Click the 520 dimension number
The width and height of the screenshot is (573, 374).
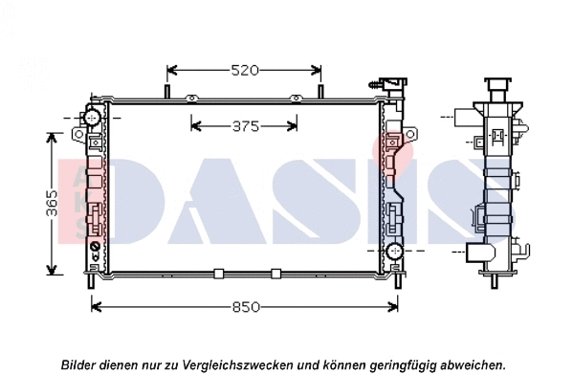click(245, 71)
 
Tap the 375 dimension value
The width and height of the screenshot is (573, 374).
click(246, 125)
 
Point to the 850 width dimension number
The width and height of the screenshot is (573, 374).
click(245, 307)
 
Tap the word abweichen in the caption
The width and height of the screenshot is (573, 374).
click(470, 364)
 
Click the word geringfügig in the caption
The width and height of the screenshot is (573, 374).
click(394, 364)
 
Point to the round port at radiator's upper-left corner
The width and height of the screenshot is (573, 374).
click(92, 118)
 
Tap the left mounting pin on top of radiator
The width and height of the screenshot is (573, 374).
click(168, 92)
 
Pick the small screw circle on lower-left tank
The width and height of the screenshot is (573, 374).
click(94, 248)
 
